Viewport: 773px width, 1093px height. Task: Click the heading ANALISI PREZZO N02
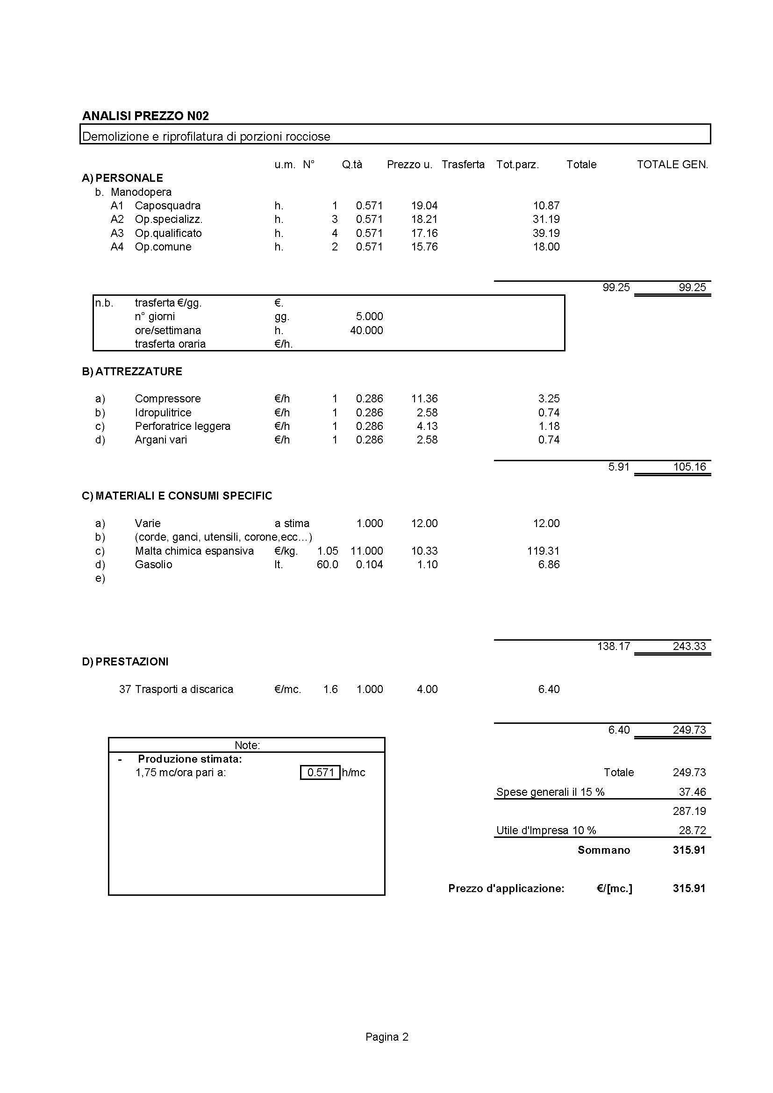coord(145,116)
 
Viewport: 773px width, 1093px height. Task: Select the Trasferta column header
coord(463,164)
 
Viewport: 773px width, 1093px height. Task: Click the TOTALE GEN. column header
coord(672,164)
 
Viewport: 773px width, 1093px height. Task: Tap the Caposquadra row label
coord(168,206)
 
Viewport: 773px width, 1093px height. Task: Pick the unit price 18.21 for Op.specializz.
coord(424,220)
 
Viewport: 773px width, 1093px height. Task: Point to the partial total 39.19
coord(546,233)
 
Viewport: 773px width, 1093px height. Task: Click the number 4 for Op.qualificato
coord(335,233)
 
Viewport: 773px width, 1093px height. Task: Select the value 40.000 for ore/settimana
coord(366,330)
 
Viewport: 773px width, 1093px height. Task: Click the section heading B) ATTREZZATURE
coord(132,371)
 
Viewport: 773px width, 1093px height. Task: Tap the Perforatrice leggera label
coord(182,426)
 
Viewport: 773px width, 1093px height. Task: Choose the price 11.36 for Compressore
coord(424,399)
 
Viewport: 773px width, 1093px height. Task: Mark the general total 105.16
coord(689,467)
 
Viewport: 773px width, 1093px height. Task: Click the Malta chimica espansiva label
coord(194,551)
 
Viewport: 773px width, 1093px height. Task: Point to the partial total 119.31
coord(543,551)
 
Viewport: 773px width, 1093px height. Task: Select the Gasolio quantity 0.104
coord(369,564)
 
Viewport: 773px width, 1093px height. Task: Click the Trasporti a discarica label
coord(184,689)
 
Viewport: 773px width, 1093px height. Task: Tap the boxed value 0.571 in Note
coord(320,772)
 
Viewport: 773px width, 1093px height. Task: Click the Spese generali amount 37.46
coord(692,792)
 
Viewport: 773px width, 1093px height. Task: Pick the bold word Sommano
coord(603,850)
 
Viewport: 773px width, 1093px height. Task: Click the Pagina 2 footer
coord(386,1037)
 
